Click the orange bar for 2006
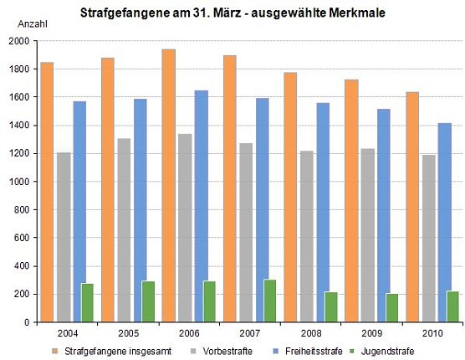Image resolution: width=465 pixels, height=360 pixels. (x=169, y=185)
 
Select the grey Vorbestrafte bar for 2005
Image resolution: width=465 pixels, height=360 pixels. (x=124, y=229)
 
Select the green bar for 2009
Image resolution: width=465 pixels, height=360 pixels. (x=391, y=307)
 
